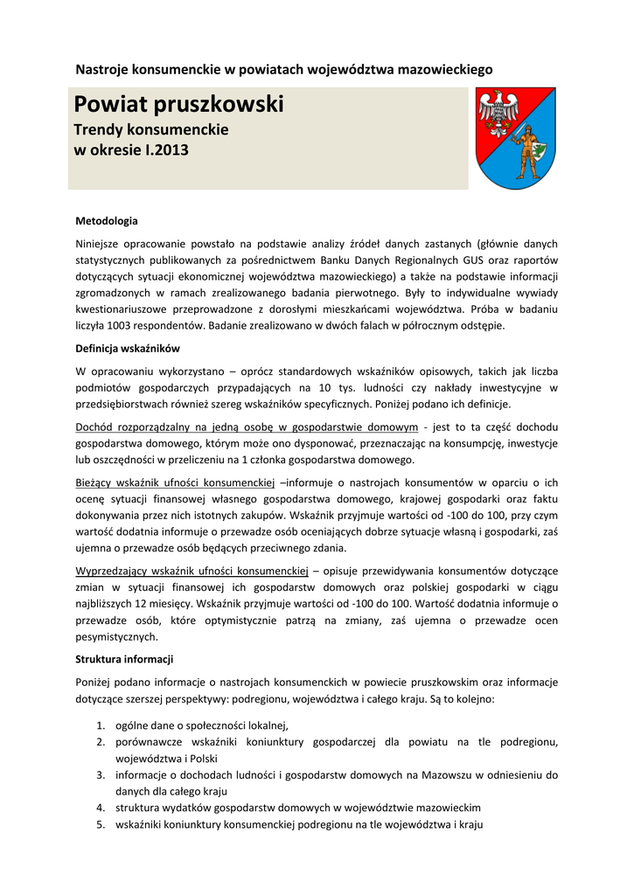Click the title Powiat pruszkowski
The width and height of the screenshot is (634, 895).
click(x=178, y=106)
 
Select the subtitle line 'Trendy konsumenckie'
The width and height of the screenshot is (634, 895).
click(x=150, y=129)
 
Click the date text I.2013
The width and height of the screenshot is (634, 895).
click(x=166, y=149)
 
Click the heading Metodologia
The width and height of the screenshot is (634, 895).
click(x=107, y=221)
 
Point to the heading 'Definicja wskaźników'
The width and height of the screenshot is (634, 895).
click(x=127, y=348)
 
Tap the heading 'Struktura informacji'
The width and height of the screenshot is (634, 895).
click(x=124, y=658)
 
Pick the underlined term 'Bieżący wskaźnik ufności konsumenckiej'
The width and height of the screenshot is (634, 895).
click(x=175, y=482)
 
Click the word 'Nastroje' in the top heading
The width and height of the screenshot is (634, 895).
click(x=101, y=68)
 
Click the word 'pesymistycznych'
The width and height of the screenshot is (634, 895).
click(x=117, y=637)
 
